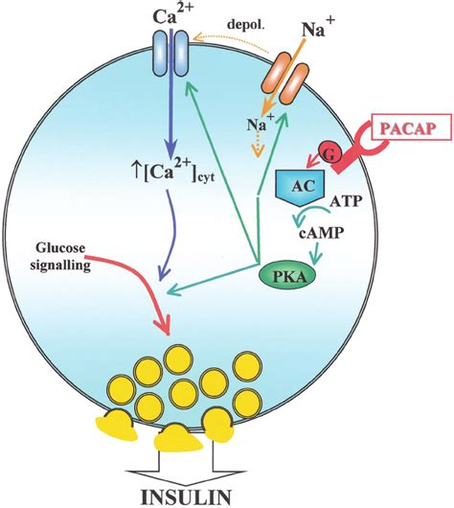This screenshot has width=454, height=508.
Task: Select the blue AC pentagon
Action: (x=300, y=187)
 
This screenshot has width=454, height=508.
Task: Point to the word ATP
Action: (x=345, y=201)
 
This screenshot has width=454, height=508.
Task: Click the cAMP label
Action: (x=320, y=234)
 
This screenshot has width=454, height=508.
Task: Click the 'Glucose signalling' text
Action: (x=60, y=257)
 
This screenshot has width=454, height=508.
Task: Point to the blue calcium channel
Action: (x=170, y=53)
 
